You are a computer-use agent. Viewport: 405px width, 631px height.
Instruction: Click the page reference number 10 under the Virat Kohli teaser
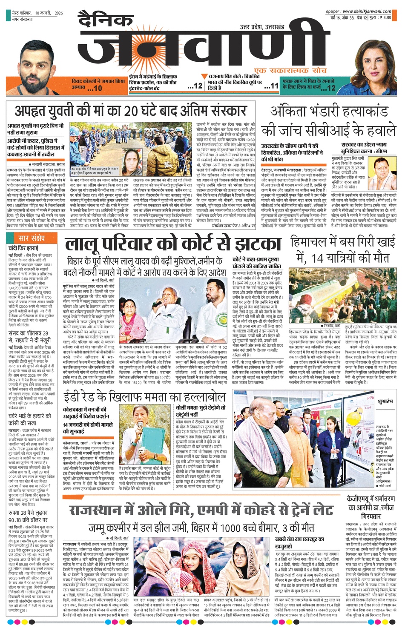point(98,88)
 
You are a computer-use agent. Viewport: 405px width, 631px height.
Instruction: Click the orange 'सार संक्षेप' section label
point(32,238)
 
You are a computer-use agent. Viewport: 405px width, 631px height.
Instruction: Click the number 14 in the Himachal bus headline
point(317,258)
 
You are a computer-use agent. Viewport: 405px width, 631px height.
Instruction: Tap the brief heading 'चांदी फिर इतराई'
point(23,248)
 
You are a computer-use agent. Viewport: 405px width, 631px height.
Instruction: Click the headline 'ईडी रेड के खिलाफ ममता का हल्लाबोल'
point(144,398)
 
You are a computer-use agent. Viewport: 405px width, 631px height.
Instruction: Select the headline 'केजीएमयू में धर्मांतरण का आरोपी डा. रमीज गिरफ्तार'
point(370,507)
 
